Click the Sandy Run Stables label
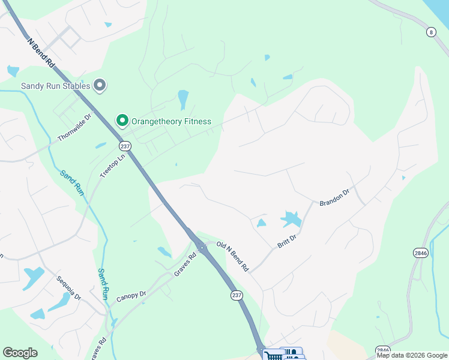pos(55,86)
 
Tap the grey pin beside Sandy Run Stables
pos(100,86)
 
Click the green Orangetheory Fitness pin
pos(122,121)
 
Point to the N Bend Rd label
pos(41,53)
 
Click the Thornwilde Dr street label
pos(73,127)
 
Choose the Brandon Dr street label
pos(334,197)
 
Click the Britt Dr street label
pos(288,240)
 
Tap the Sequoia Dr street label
pos(69,289)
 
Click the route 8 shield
pos(431,32)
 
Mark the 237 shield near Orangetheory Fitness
pos(125,146)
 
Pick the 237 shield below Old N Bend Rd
pos(237,295)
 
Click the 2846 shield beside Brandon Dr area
pos(421,253)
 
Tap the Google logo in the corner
pos(20,353)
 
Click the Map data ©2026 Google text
pos(411,355)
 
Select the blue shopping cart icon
pos(273,355)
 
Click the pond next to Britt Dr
pos(291,219)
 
